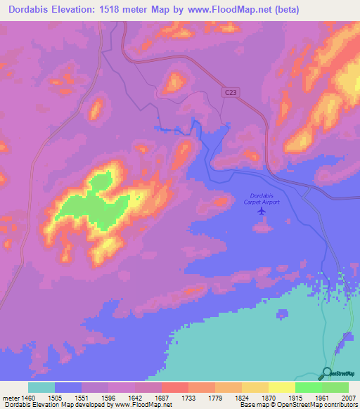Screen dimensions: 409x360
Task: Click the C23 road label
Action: coord(231,92)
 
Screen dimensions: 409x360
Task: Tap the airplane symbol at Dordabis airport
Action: coord(262,210)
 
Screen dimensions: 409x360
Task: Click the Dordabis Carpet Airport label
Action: coord(262,198)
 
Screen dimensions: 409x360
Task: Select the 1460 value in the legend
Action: coord(27,397)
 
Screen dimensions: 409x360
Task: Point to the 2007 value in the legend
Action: coord(349,397)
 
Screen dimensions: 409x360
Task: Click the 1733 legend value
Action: coord(188,397)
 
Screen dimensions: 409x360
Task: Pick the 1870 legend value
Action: coord(269,397)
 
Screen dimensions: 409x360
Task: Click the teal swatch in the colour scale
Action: coord(41,387)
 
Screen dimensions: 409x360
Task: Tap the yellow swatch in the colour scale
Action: coord(282,387)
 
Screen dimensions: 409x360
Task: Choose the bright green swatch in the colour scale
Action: coord(309,387)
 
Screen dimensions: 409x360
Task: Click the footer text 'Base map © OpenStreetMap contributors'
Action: coord(298,405)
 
